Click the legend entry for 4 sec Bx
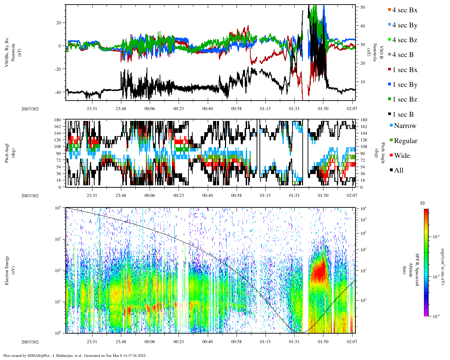click(x=404, y=10)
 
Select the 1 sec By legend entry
click(x=405, y=85)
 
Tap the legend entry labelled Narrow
click(x=405, y=126)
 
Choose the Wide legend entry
click(x=402, y=156)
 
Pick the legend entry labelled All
click(x=398, y=171)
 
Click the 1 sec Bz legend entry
click(x=405, y=99)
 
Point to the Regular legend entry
click(x=405, y=141)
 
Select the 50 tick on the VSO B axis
click(x=362, y=7)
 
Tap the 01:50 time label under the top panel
click(x=323, y=109)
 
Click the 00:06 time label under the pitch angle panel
click(x=149, y=195)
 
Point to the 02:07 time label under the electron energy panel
click(x=352, y=342)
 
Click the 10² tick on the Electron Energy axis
click(x=59, y=270)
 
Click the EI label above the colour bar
click(x=423, y=203)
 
